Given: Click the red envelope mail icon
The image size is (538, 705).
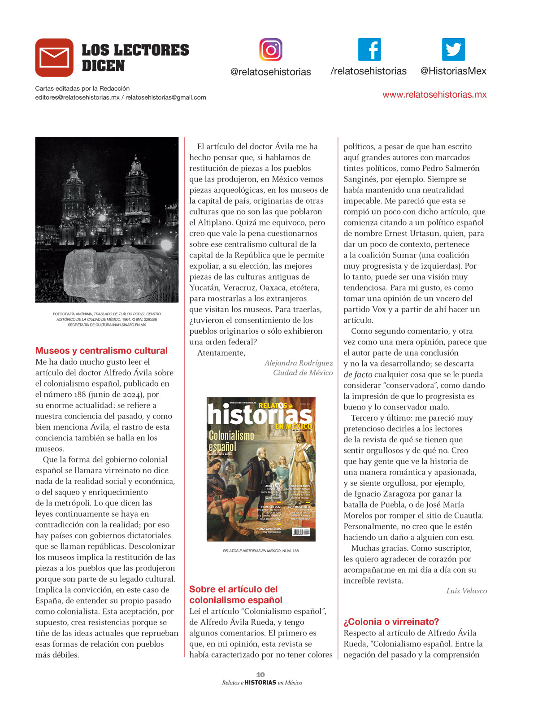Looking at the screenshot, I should pos(54,57).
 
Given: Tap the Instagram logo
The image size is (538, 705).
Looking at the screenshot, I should pos(271,49).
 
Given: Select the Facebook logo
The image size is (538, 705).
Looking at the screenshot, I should pos(369,49).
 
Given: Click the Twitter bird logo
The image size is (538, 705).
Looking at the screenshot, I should pos(453,49).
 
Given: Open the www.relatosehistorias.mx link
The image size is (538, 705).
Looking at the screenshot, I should pos(434,95).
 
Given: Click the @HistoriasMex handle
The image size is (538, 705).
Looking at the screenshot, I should pos(453,71).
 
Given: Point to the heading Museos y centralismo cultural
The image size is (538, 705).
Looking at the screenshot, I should pos(101,351).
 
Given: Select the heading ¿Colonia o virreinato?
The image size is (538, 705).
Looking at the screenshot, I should pos(391,622).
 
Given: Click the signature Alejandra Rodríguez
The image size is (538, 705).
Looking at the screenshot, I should pos(299,363).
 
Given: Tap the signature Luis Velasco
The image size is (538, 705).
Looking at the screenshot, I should pos(466,591).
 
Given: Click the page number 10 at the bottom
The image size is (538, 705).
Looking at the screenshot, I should pos(260,675).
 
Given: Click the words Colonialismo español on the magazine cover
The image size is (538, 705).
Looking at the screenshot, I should pos(231,440).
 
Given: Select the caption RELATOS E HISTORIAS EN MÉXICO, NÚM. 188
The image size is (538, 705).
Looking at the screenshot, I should pos(260,551).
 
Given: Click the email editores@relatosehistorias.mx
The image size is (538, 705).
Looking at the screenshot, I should pos(77,97).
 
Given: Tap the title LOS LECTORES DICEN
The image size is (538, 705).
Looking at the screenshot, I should pos(135,57).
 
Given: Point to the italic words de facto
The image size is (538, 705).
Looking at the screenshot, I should pos(357,374).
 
